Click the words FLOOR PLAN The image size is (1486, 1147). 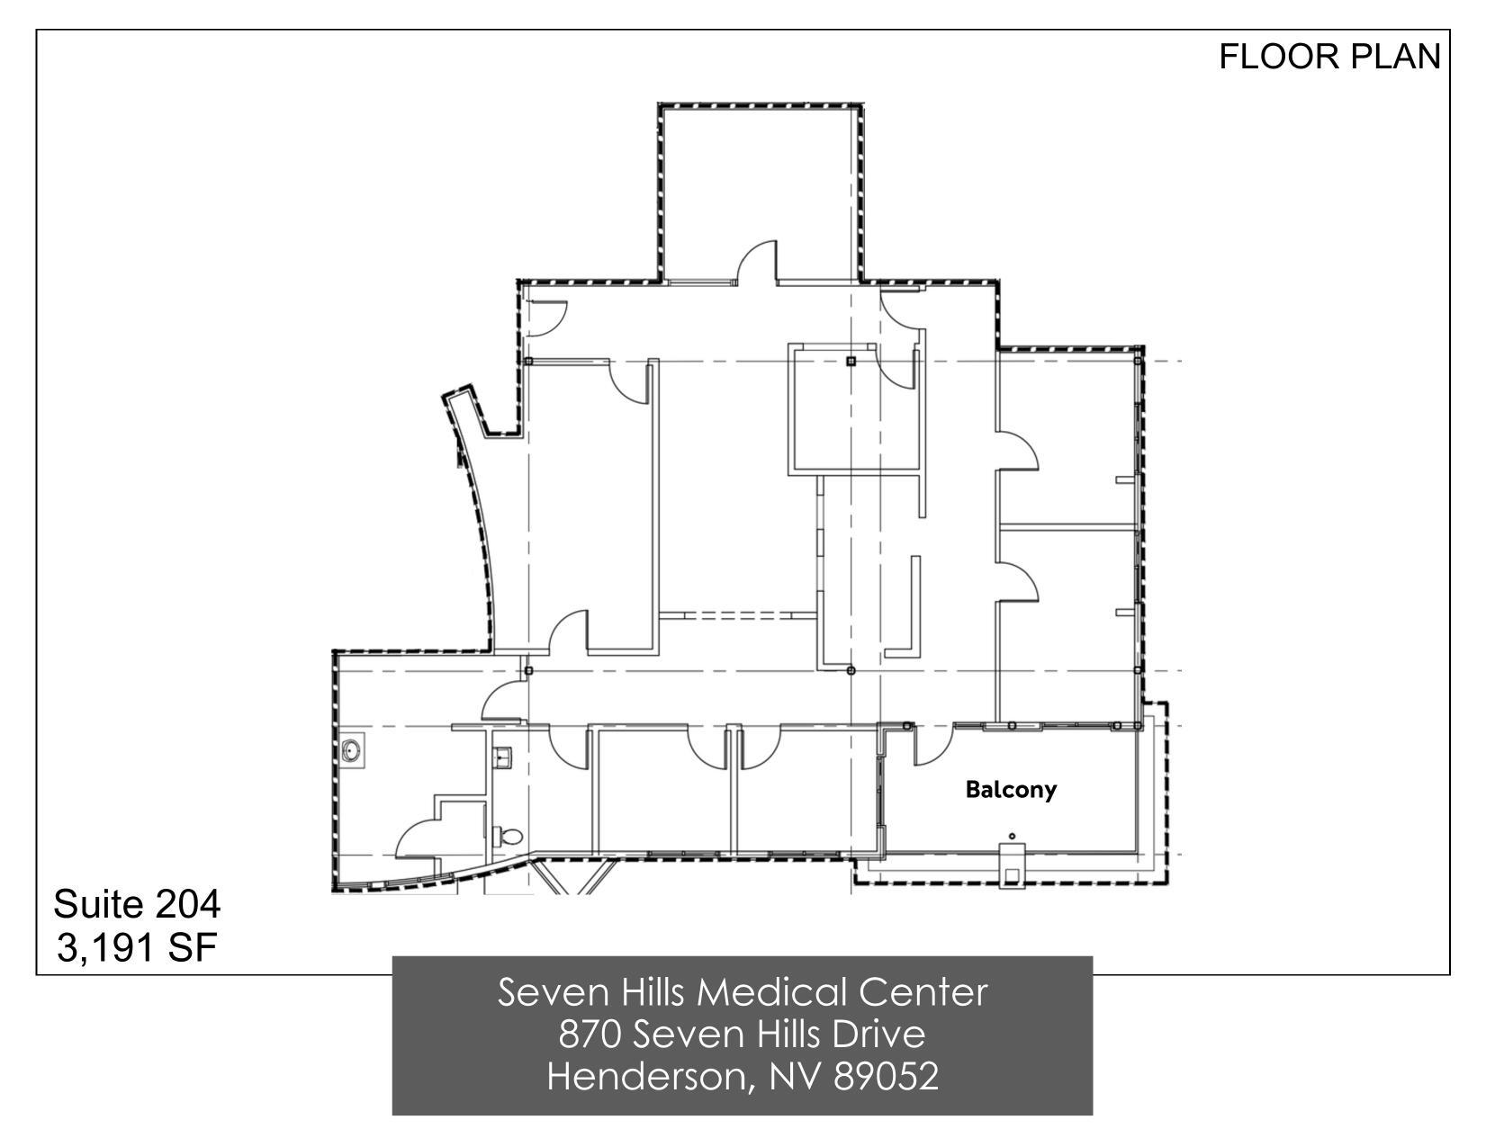pos(1328,57)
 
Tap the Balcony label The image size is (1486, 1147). pos(1011,790)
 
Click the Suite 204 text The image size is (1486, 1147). pos(137,904)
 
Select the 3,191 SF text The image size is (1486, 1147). pos(137,947)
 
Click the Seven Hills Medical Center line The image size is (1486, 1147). pos(743,992)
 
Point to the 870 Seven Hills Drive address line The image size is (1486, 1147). pos(743,1035)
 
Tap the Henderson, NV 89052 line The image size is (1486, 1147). pos(743,1076)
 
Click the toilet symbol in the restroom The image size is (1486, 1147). pos(509,836)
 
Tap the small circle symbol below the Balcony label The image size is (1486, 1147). pos(1012,837)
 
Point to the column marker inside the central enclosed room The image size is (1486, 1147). pos(851,362)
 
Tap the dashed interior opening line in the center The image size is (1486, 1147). pos(738,615)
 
